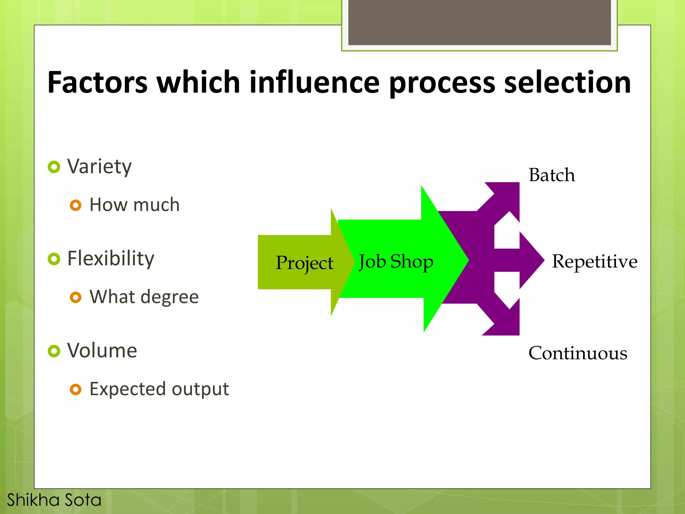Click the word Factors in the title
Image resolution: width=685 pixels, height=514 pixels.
point(97,82)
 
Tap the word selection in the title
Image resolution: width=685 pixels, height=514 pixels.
point(567,82)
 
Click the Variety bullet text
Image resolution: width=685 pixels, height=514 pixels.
point(99,166)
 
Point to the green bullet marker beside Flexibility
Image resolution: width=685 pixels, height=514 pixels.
point(54,259)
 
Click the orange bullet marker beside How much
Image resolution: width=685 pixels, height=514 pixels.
point(76,205)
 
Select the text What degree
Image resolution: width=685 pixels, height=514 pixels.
point(144,297)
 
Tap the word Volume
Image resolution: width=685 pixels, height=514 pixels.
point(102,351)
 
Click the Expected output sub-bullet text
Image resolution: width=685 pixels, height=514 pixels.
point(159,389)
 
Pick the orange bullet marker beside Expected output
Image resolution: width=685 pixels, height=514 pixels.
point(76,389)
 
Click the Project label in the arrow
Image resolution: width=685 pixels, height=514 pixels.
point(304,263)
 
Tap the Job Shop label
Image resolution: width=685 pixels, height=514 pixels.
point(396,262)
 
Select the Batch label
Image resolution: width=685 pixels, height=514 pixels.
point(552,175)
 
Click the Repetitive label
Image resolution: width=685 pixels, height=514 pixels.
point(594,261)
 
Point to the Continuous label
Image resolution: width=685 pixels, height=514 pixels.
point(578,353)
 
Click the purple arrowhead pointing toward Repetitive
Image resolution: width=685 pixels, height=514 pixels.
point(530,260)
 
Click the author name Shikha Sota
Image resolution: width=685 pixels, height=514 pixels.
point(54,500)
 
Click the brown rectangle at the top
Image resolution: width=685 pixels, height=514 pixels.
point(479,22)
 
